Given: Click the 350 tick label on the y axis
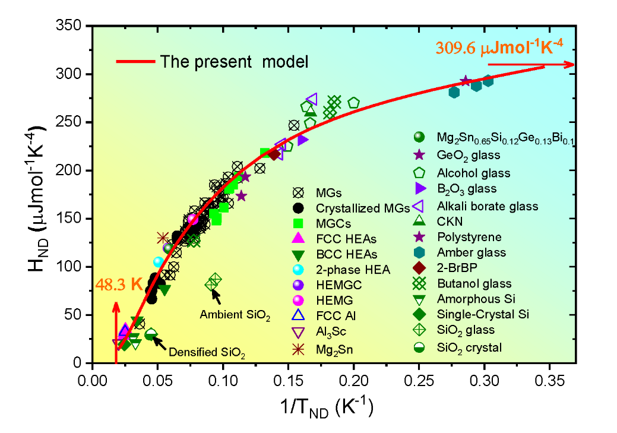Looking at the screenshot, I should (x=71, y=26).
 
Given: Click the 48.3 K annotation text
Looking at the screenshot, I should (x=118, y=284).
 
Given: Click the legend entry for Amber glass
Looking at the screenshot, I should (x=464, y=252).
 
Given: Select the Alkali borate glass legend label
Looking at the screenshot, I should (x=487, y=206).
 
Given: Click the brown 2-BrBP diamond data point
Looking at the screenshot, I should (x=274, y=154).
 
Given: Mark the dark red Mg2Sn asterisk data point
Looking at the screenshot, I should (x=163, y=238).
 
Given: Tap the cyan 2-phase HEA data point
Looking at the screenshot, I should (x=158, y=261).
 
